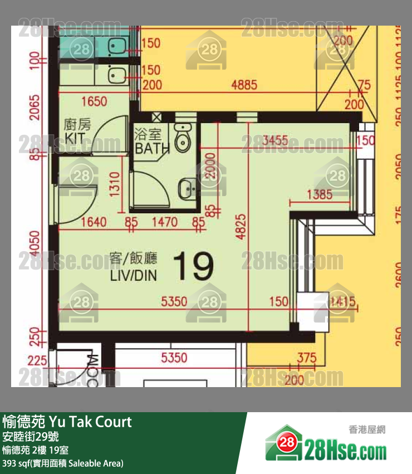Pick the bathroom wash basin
click(187, 189)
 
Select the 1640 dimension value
click(93, 223)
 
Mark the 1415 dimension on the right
click(342, 302)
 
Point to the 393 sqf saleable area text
click(62, 463)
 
